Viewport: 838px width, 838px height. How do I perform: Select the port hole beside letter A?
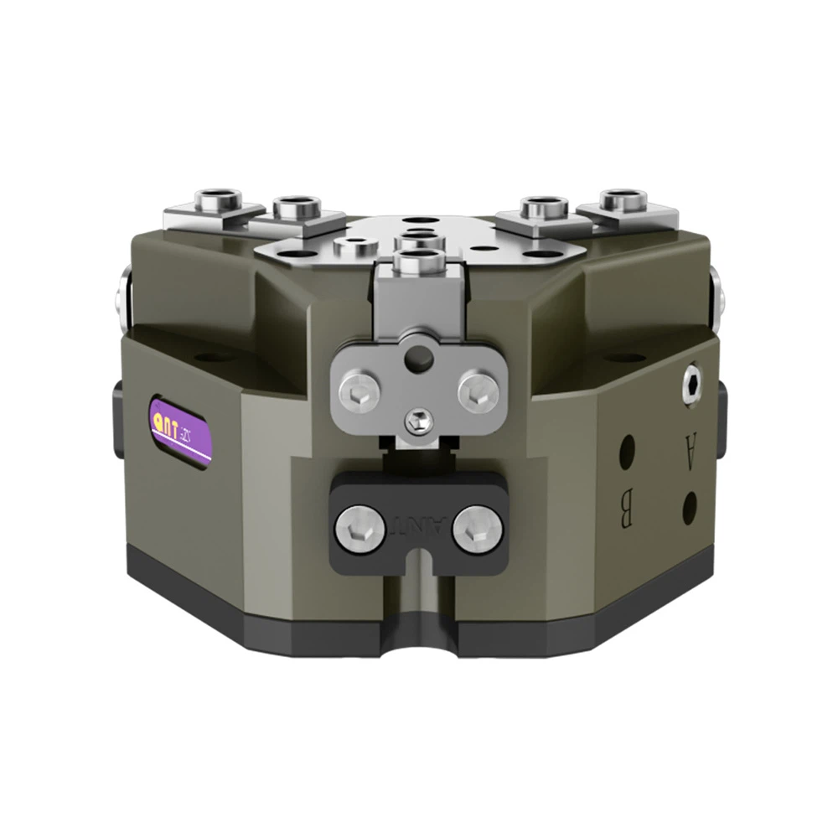690,506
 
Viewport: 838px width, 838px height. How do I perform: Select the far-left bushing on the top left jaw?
217,200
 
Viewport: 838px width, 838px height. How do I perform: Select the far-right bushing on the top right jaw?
622,200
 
